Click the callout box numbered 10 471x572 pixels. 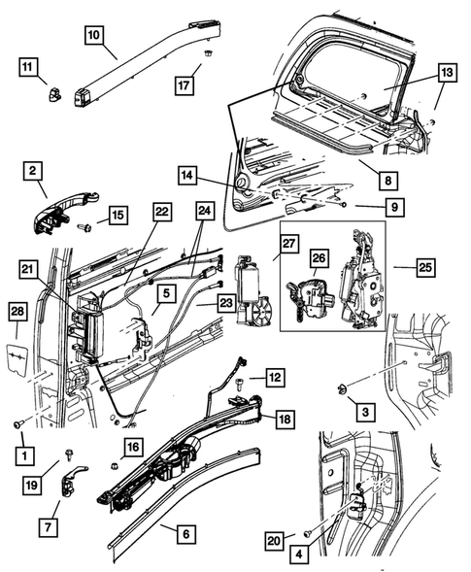[x=94, y=35]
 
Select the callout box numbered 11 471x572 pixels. [x=28, y=67]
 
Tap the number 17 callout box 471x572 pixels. [x=184, y=85]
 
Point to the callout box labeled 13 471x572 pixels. [x=447, y=73]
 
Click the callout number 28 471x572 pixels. [x=17, y=311]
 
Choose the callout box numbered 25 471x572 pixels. [x=425, y=267]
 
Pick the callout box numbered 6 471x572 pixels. [x=186, y=534]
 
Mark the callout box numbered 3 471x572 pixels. [x=365, y=412]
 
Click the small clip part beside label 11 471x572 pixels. [x=54, y=95]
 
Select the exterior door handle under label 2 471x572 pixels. [x=66, y=214]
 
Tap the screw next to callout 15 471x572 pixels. [x=84, y=228]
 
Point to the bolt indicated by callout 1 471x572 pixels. [x=18, y=423]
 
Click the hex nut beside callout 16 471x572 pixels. [x=113, y=466]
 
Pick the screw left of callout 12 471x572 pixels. [x=240, y=384]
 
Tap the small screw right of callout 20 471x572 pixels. [x=307, y=534]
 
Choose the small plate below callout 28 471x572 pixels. [x=17, y=359]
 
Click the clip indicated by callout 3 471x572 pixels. [x=342, y=389]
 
